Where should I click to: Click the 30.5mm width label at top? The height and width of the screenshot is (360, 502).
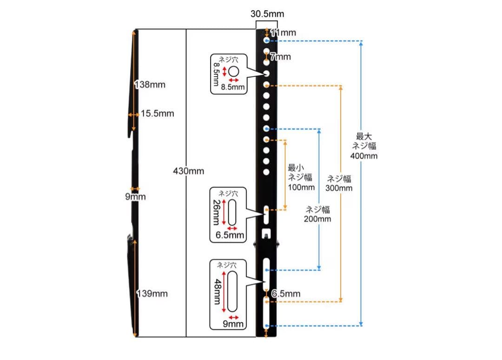pyautogui.click(x=267, y=13)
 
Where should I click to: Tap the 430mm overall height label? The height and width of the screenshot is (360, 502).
pyautogui.click(x=188, y=171)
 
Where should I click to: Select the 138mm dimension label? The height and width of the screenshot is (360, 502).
pyautogui.click(x=150, y=85)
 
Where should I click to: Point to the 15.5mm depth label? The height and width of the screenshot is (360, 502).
pyautogui.click(x=158, y=113)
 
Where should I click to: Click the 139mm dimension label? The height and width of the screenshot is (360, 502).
pyautogui.click(x=152, y=294)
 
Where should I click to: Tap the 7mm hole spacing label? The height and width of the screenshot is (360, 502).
pyautogui.click(x=280, y=57)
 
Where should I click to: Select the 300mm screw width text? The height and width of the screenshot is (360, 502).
pyautogui.click(x=339, y=188)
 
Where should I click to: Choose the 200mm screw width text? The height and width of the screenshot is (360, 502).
pyautogui.click(x=318, y=219)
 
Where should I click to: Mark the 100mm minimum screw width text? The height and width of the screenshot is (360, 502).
pyautogui.click(x=301, y=187)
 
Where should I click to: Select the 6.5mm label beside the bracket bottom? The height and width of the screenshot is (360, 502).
pyautogui.click(x=286, y=294)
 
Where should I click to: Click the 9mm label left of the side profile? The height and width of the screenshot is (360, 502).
pyautogui.click(x=135, y=197)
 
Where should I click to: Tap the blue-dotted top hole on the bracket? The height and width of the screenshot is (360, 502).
pyautogui.click(x=266, y=41)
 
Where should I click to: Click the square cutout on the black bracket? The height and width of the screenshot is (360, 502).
pyautogui.click(x=266, y=232)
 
